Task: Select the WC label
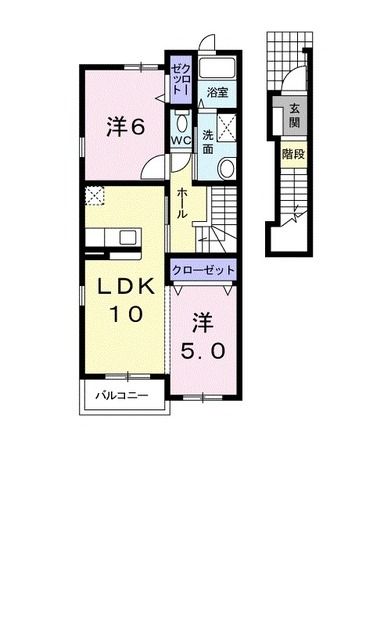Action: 181,141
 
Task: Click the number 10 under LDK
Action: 126,313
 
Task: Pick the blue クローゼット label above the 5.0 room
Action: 204,271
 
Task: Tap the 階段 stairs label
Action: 295,155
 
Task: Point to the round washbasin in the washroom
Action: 227,168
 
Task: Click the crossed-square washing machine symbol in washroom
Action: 228,127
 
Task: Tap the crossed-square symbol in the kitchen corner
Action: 94,195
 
